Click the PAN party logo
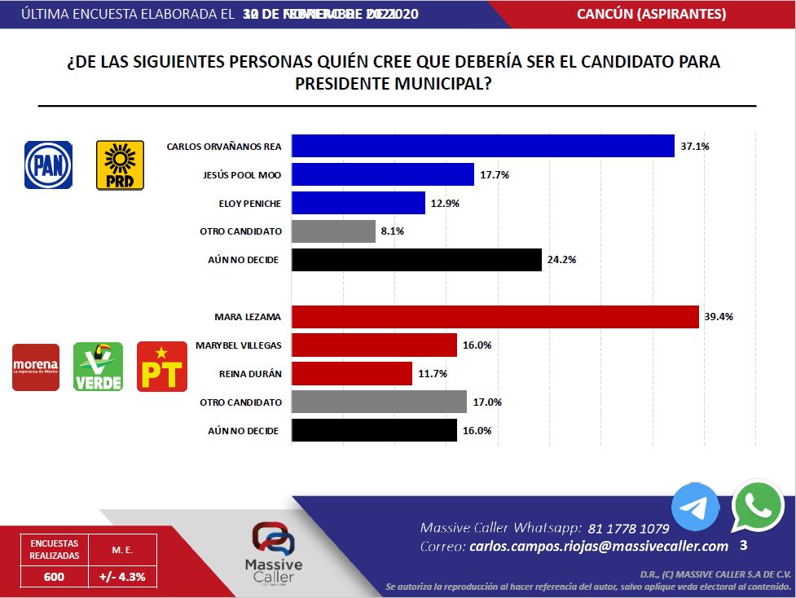tap(48, 165)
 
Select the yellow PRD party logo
tap(120, 165)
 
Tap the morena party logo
tap(36, 367)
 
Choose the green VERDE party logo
tap(98, 367)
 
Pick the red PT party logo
tap(161, 367)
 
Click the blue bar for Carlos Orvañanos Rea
tap(482, 146)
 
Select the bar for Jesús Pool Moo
tap(382, 174)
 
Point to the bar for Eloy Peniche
tap(358, 203)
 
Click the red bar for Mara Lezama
tap(495, 316)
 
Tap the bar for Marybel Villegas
tap(373, 345)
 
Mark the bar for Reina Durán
tap(351, 373)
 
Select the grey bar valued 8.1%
tap(332, 231)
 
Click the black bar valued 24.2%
tap(416, 260)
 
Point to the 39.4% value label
tap(720, 316)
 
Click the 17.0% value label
tap(488, 402)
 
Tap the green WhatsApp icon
tap(758, 506)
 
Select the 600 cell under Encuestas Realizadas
tap(55, 577)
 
